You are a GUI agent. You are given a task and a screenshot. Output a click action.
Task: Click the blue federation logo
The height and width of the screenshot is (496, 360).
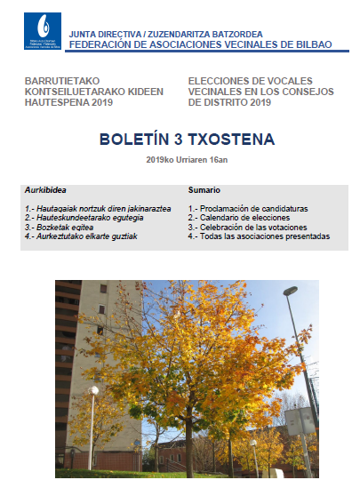pos(44,30)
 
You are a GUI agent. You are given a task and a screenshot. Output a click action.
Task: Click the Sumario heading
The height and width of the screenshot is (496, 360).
pos(204,190)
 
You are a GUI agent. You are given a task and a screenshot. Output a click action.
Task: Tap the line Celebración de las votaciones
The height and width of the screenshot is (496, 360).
pos(245,228)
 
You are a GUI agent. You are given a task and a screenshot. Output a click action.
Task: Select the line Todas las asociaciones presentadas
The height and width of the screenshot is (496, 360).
pos(259,236)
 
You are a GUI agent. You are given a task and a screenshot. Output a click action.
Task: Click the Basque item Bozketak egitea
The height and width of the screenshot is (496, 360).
pos(61,228)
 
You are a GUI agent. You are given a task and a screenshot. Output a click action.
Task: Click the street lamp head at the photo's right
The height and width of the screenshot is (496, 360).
pos(290,292)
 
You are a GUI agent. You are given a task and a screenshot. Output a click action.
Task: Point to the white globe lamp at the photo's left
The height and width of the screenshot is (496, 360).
pos(94,390)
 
